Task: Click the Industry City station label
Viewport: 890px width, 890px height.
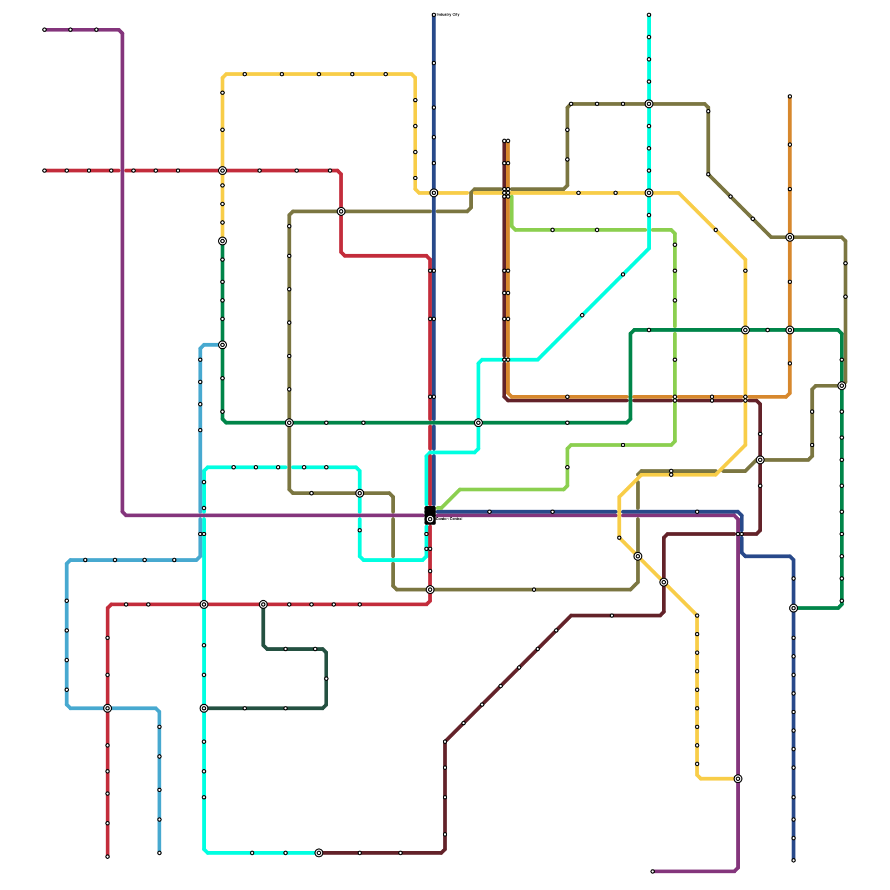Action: coord(448,14)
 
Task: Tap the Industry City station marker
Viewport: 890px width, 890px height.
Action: coord(434,14)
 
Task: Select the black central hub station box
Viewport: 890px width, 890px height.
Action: coord(430,515)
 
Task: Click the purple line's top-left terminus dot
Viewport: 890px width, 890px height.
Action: coord(44,29)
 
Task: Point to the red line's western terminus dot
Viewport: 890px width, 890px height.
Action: coord(44,171)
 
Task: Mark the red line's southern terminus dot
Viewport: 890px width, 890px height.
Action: coord(107,857)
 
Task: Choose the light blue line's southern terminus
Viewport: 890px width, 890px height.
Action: coord(159,853)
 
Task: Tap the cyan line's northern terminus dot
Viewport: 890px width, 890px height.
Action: coord(649,14)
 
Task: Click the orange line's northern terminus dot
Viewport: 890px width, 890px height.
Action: coord(790,97)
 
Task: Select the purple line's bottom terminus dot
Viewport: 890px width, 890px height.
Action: coord(652,871)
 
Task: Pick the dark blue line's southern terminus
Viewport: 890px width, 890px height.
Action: coord(793,861)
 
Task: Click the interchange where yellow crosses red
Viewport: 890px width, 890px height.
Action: coord(222,171)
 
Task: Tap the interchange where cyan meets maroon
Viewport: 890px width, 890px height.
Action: coord(319,853)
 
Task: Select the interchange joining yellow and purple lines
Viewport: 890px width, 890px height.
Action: coord(738,779)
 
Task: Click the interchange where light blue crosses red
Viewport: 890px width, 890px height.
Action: coord(107,708)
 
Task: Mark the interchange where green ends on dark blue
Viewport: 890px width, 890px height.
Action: coord(793,608)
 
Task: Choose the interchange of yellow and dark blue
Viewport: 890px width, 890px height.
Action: coord(434,193)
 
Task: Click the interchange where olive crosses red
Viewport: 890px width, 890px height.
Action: coord(341,211)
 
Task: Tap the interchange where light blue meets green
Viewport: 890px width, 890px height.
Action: coord(222,345)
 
